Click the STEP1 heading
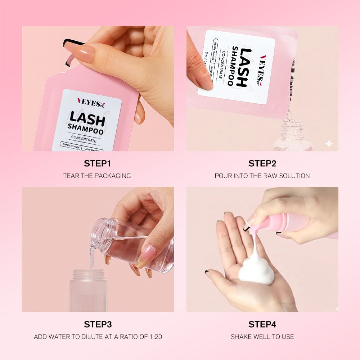pyautogui.click(x=97, y=163)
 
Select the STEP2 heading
pyautogui.click(x=262, y=163)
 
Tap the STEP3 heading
pyautogui.click(x=97, y=324)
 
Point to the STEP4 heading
pyautogui.click(x=262, y=324)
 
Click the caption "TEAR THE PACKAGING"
pyautogui.click(x=97, y=176)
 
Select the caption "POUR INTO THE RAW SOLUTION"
pyautogui.click(x=262, y=176)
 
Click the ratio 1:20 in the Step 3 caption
pyautogui.click(x=153, y=337)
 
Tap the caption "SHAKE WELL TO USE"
pyautogui.click(x=262, y=337)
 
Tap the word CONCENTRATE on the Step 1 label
pyautogui.click(x=84, y=140)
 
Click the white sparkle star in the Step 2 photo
pyautogui.click(x=329, y=144)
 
